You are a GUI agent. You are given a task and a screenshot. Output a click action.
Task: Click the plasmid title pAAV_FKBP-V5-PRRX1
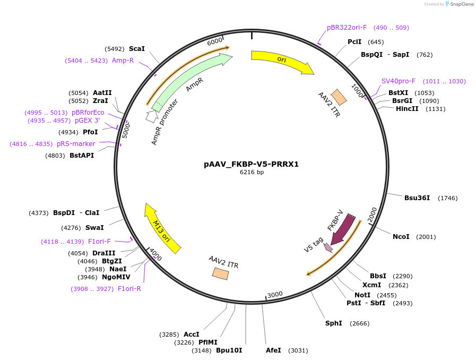pyautogui.click(x=251, y=164)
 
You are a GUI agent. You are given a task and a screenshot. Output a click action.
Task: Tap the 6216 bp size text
pyautogui.click(x=251, y=173)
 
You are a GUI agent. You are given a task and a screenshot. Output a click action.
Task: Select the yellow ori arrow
pyautogui.click(x=281, y=61)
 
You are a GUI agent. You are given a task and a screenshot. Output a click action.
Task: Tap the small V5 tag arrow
pyautogui.click(x=328, y=247)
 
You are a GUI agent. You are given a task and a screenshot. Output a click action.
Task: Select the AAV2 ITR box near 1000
pyautogui.click(x=339, y=97)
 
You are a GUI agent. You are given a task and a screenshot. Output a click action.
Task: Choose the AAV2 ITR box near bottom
pyautogui.click(x=220, y=273)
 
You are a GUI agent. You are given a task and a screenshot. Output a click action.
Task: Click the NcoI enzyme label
pyautogui.click(x=401, y=236)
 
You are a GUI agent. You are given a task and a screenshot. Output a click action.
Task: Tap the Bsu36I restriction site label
pyautogui.click(x=417, y=198)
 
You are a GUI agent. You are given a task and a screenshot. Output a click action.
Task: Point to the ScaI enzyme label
pyautogui.click(x=136, y=48)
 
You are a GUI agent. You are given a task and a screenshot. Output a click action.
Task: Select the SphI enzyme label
pyautogui.click(x=333, y=323)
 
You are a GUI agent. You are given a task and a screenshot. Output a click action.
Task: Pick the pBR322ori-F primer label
pyautogui.click(x=347, y=28)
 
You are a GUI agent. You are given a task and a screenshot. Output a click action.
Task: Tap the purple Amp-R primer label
pyautogui.click(x=123, y=61)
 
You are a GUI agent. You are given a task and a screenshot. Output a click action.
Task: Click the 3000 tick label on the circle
pyautogui.click(x=275, y=295)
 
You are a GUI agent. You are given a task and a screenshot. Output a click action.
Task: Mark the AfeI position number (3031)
pyautogui.click(x=298, y=350)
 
